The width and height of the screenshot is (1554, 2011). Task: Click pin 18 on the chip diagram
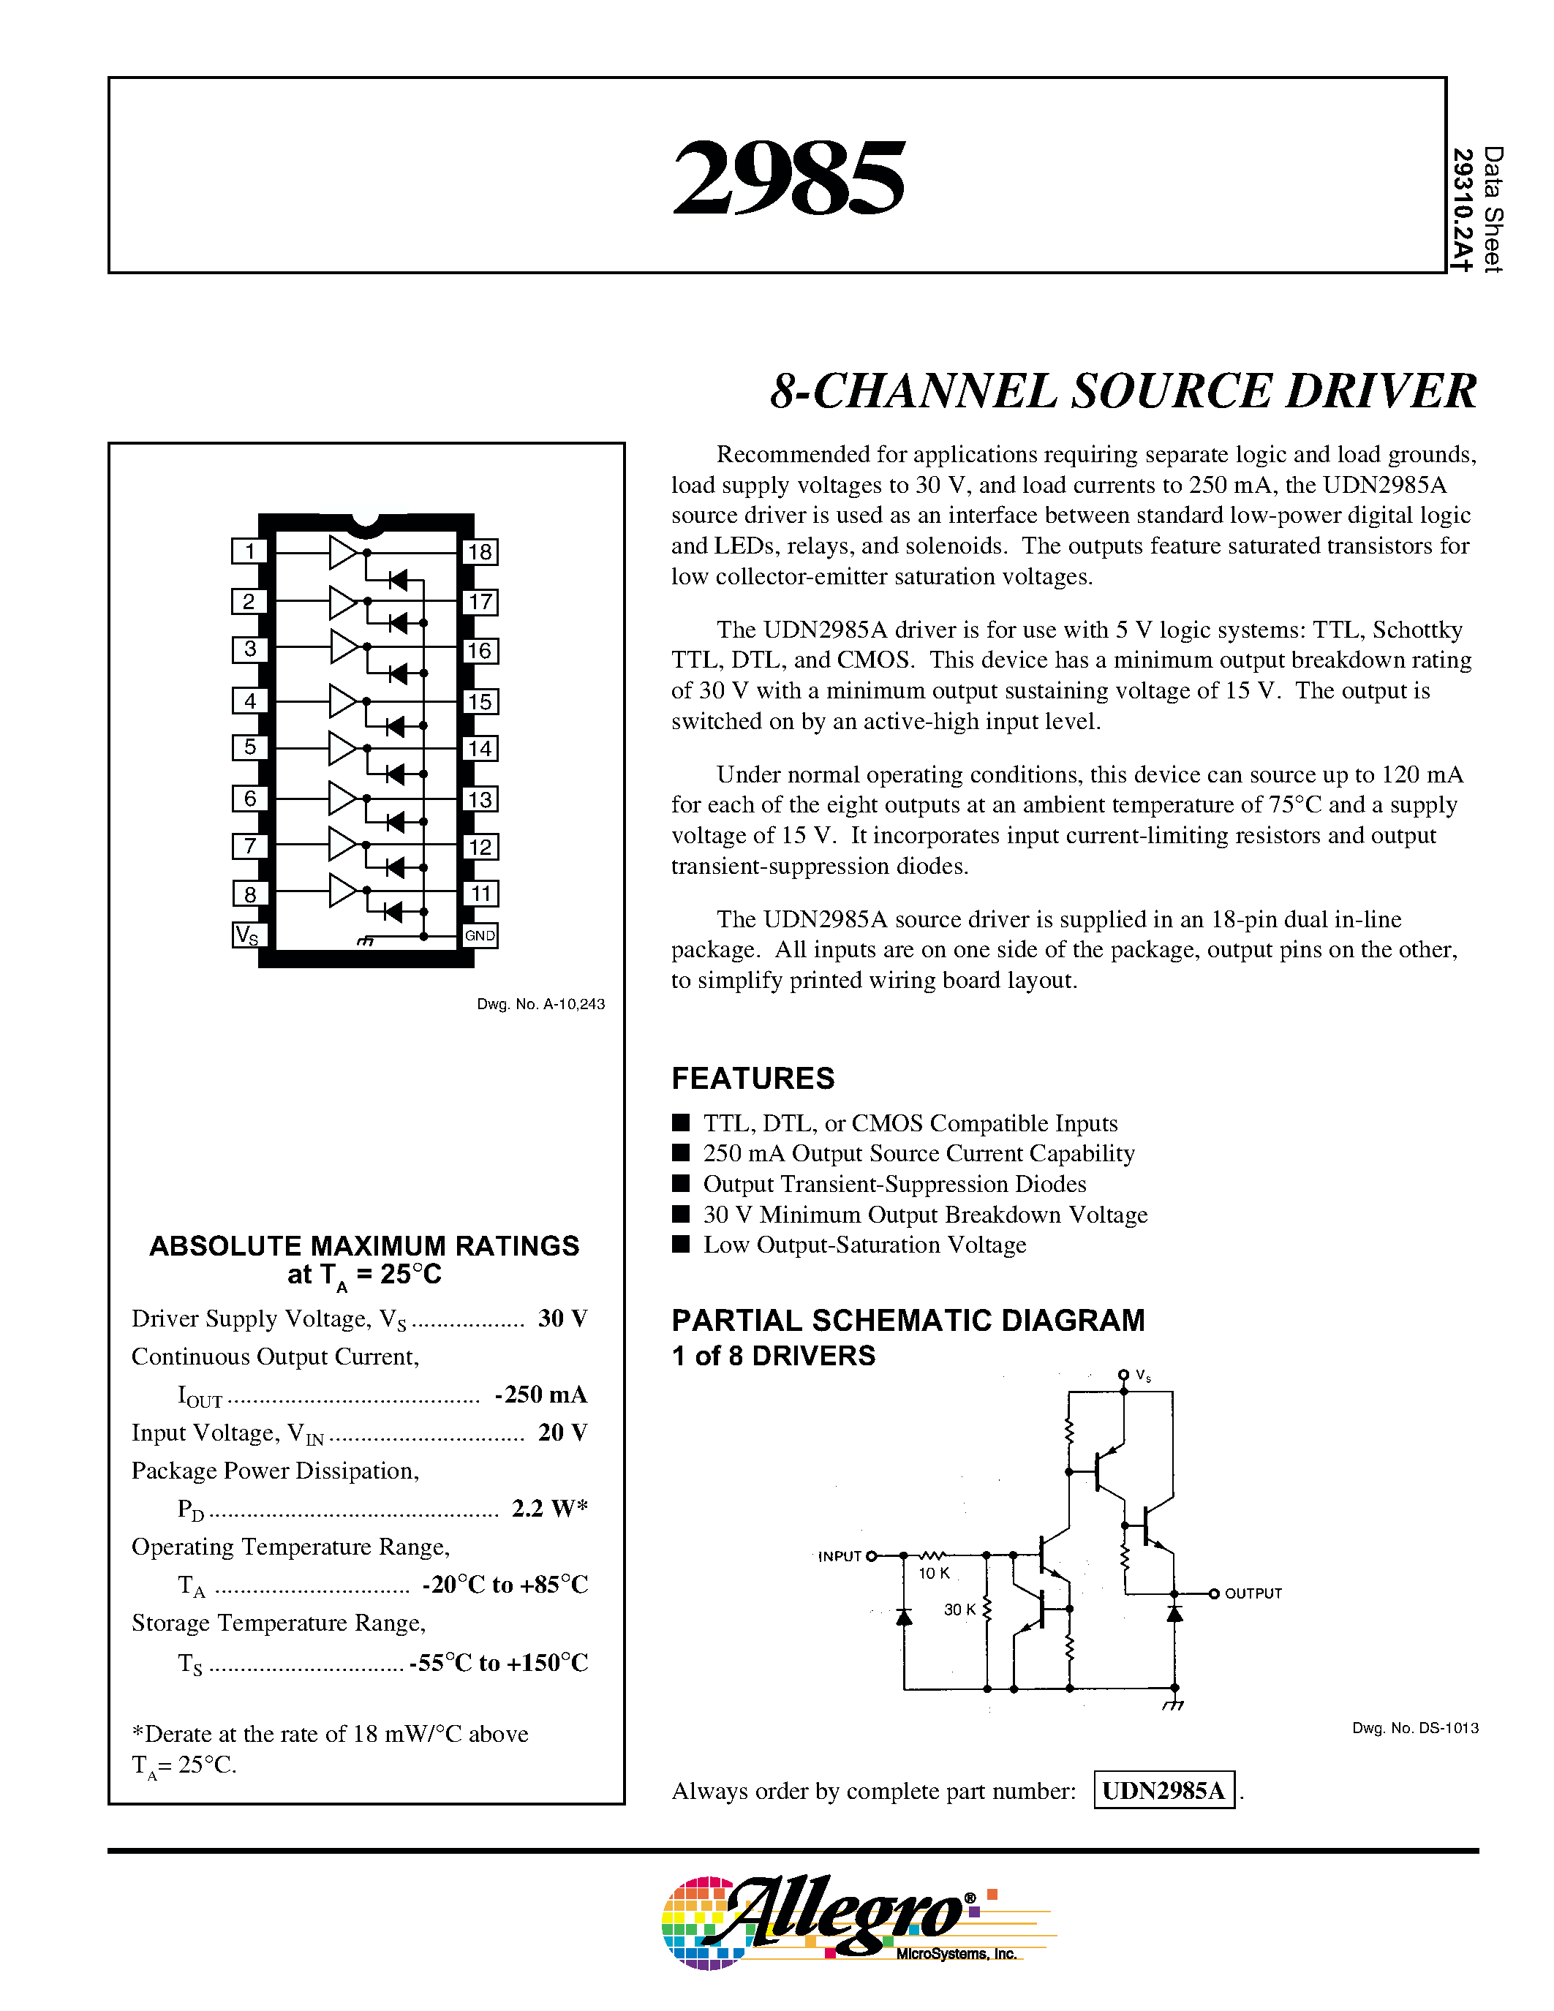(x=480, y=551)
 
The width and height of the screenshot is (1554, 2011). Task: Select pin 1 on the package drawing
(x=249, y=551)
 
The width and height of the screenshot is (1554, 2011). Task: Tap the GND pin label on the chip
(x=480, y=935)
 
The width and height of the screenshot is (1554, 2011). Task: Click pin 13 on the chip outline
(x=480, y=799)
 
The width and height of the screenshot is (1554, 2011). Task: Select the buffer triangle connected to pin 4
(x=342, y=701)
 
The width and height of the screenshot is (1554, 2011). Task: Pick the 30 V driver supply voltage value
(x=562, y=1318)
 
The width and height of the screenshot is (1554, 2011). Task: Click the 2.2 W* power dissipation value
(x=550, y=1508)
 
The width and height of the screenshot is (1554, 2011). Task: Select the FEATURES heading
(x=753, y=1078)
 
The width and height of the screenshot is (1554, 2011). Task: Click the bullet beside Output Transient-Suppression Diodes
(x=682, y=1182)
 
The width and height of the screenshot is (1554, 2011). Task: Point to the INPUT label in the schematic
(x=839, y=1556)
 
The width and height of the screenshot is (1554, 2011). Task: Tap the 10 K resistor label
(x=934, y=1574)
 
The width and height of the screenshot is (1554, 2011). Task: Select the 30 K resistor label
(x=959, y=1610)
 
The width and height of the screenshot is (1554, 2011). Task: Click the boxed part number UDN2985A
(x=1163, y=1790)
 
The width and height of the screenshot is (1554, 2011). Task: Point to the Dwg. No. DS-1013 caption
(x=1415, y=1728)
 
